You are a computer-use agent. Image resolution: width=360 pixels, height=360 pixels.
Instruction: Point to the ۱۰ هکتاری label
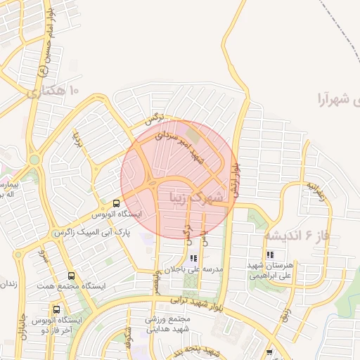[x=53, y=91]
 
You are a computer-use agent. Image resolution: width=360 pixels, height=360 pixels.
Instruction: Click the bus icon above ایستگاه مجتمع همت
[x=71, y=276]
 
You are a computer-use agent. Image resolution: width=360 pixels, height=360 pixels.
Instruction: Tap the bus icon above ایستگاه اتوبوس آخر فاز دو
[x=56, y=309]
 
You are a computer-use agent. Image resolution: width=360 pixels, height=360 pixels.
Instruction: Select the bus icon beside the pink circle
[x=117, y=202]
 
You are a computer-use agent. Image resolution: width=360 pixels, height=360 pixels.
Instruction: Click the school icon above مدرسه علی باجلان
[x=193, y=259]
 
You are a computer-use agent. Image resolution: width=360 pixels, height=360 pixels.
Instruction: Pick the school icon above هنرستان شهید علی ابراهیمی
[x=270, y=255]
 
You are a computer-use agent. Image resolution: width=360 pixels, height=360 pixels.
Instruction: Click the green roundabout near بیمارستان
[x=33, y=160]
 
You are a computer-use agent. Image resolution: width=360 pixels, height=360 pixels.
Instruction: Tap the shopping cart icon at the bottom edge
[x=270, y=352]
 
